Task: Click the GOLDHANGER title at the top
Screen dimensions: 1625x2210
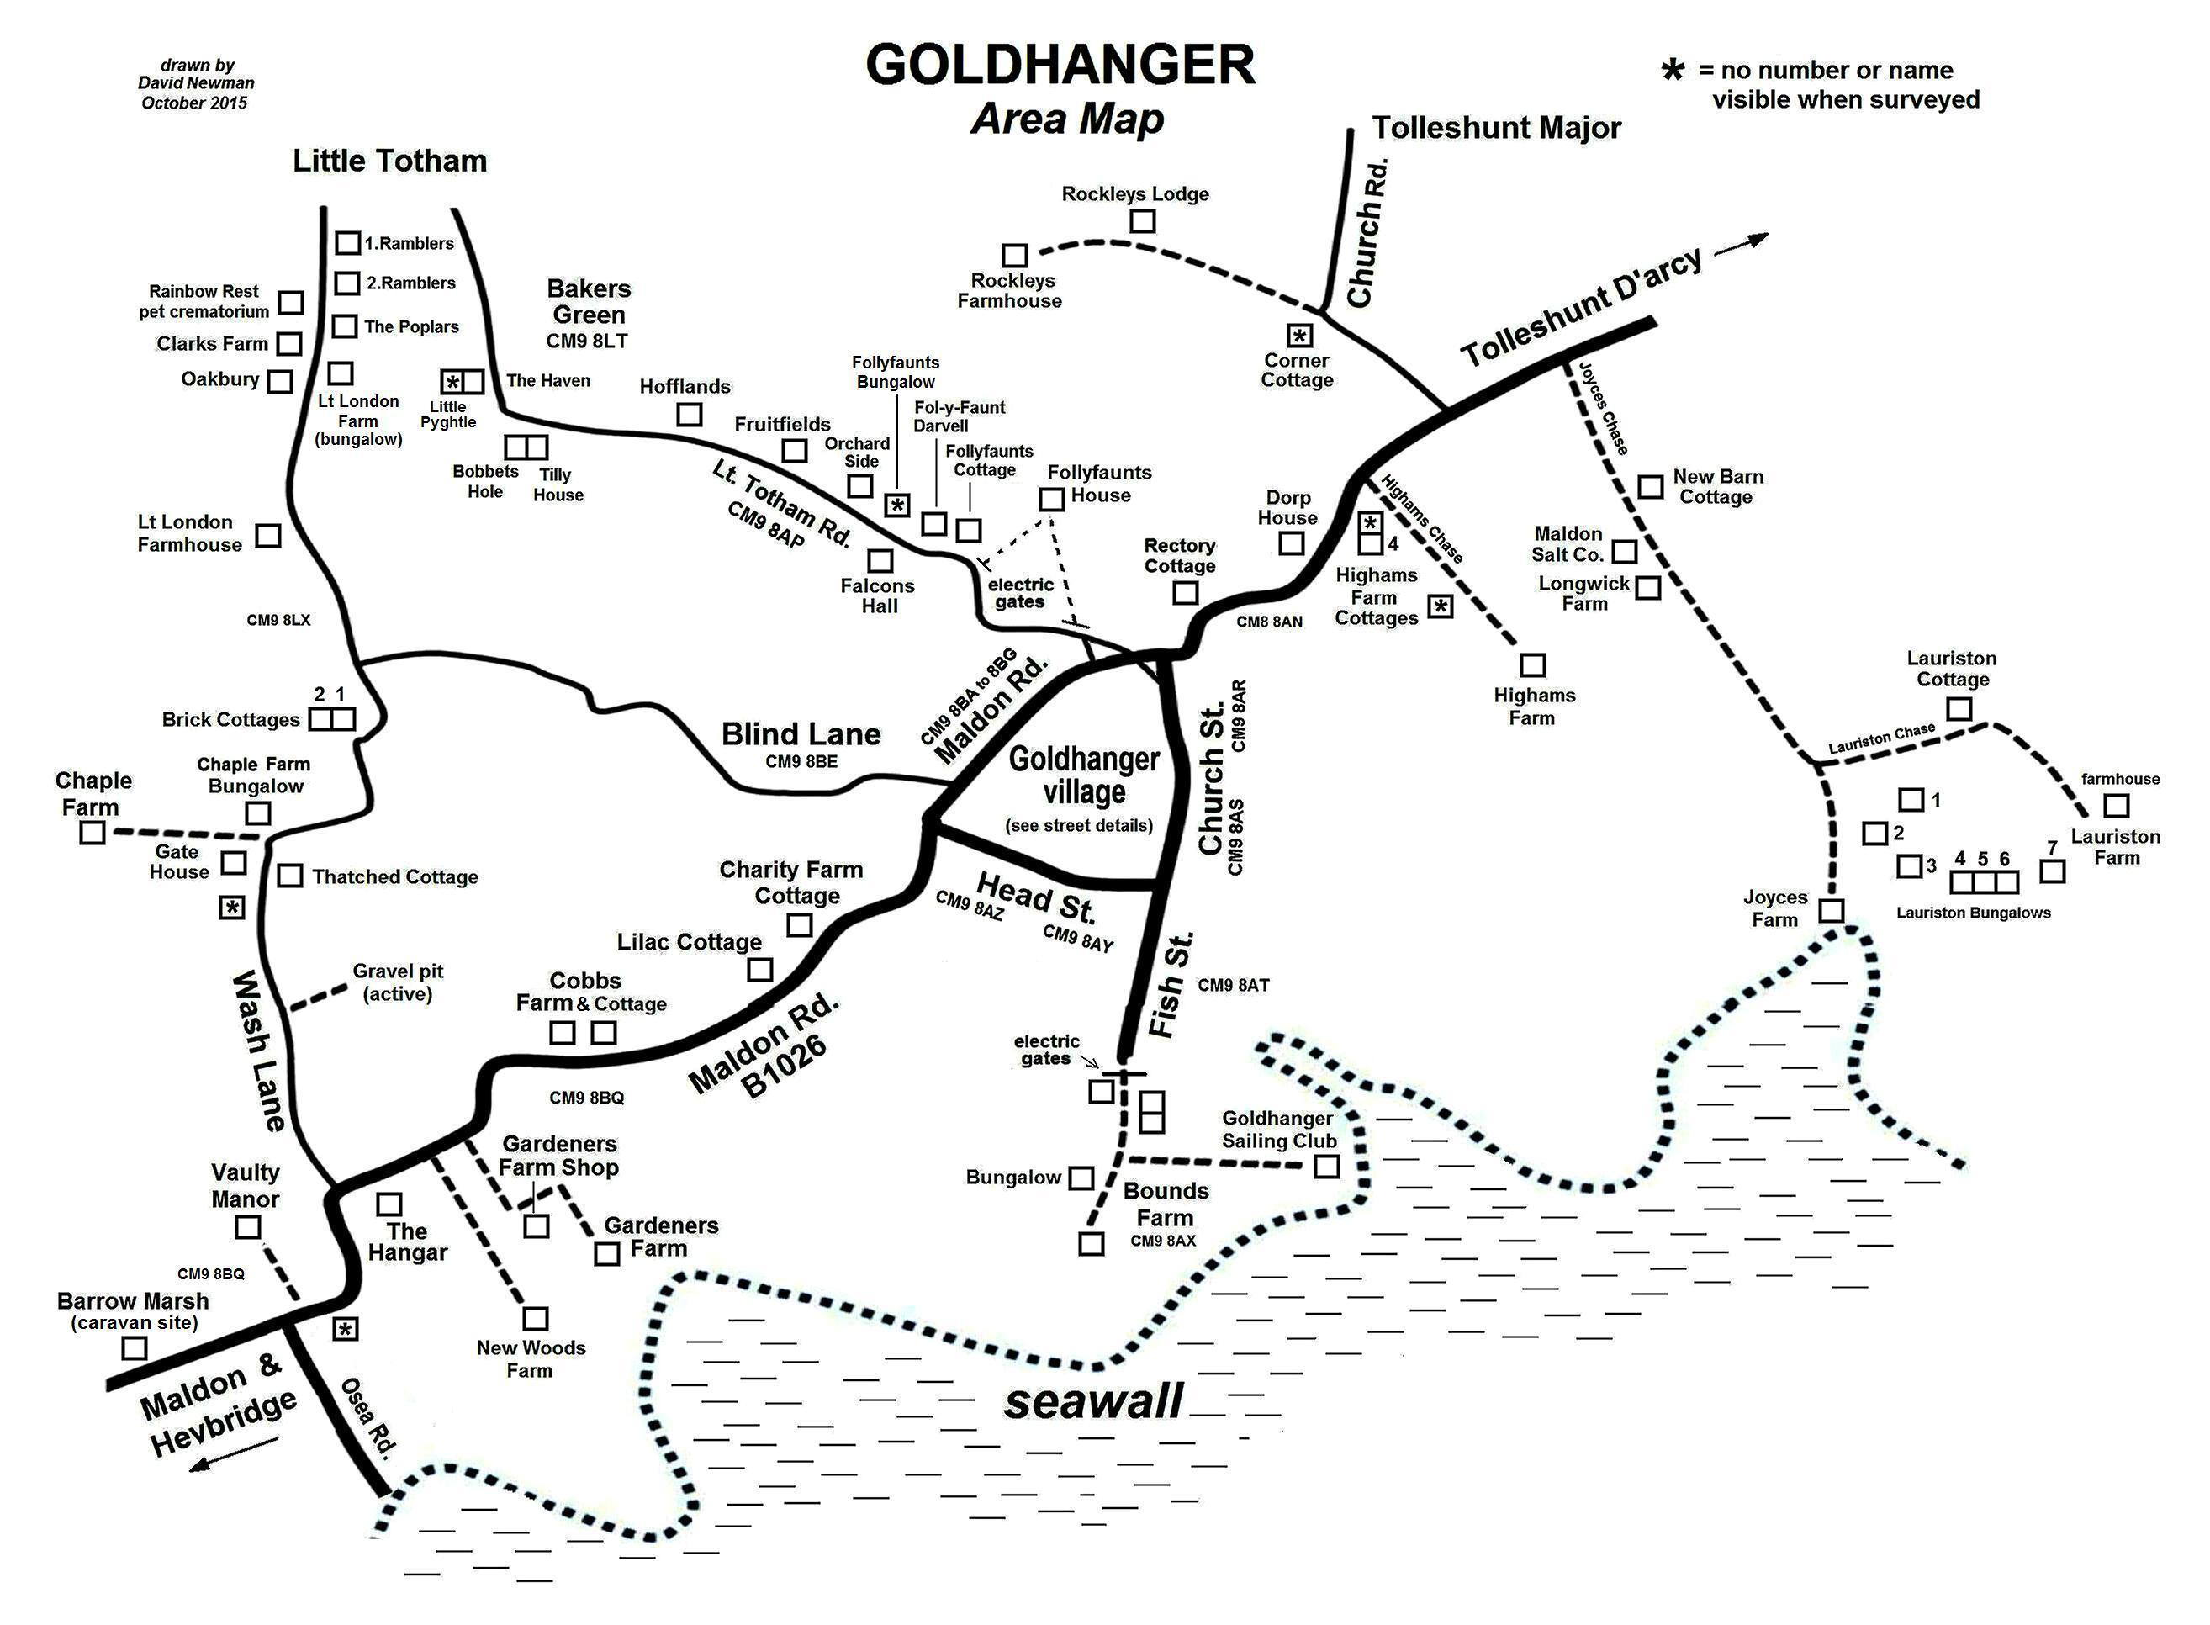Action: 1060,65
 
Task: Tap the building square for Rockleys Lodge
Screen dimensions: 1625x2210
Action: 1141,221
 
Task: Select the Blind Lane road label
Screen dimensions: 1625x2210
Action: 801,733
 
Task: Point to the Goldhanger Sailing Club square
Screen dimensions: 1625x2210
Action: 1326,1167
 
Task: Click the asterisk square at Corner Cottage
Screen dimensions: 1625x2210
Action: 1299,336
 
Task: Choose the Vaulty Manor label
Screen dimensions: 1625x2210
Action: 245,1185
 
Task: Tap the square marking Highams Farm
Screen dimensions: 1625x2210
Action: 1532,666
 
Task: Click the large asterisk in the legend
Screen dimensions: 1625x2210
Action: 1672,71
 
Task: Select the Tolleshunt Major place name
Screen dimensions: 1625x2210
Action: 1496,128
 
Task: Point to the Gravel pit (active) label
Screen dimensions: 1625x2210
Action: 398,982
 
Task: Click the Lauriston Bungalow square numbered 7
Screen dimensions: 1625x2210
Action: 2052,871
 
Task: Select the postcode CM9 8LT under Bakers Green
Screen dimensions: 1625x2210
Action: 586,341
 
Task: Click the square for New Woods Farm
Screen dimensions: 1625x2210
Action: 535,1318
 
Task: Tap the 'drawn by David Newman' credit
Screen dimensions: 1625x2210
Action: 196,83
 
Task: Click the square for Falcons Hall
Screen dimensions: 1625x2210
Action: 880,561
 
